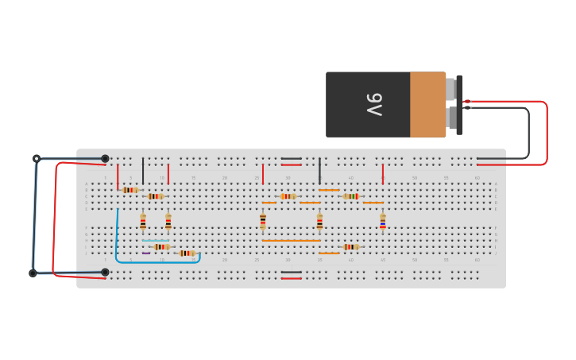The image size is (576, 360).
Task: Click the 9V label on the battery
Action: click(374, 104)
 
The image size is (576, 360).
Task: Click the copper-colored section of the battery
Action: click(427, 104)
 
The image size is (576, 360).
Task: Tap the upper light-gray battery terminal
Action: click(450, 89)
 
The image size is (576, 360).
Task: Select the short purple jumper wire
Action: click(146, 254)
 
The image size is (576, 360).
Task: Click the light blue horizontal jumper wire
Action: click(156, 241)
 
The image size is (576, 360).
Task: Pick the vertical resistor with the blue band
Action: click(382, 221)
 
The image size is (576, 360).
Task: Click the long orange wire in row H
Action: click(291, 241)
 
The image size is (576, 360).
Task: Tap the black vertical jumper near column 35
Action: click(319, 171)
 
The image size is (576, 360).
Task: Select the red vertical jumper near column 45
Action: click(382, 174)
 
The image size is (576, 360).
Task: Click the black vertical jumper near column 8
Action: click(143, 171)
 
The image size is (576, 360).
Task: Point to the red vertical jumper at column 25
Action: click(263, 174)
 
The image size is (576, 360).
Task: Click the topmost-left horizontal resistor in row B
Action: click(130, 190)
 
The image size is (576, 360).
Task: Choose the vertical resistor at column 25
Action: click(263, 221)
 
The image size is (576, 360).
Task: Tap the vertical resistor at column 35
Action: click(319, 221)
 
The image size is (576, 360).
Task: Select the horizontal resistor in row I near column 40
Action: click(350, 247)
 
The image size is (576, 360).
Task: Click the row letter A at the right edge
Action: click(496, 184)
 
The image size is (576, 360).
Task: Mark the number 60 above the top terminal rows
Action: click(477, 177)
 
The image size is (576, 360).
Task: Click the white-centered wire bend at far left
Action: click(36, 159)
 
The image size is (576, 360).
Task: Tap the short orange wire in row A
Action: click(328, 190)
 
